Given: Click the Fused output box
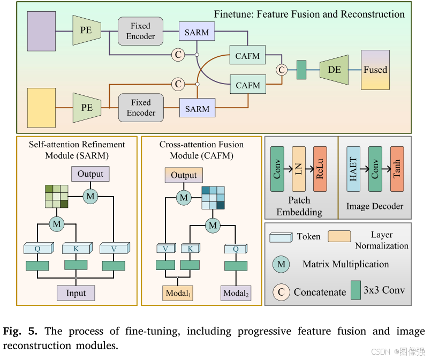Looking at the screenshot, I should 375,70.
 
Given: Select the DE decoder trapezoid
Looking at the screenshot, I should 334,70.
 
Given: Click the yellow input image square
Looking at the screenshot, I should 41,107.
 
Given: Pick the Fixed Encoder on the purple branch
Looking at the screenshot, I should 141,31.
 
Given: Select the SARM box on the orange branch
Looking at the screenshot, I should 196,109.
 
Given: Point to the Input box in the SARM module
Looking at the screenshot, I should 75,292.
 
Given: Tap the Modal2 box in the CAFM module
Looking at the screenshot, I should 236,293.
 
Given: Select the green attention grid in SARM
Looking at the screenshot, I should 56,197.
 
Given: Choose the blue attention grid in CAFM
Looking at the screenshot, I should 213,198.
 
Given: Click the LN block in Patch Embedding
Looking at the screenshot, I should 299,169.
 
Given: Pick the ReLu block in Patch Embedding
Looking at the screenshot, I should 320,169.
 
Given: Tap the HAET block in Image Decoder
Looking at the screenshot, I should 353,169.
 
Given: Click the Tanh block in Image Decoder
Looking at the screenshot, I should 397,169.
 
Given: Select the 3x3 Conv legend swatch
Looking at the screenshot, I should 356,291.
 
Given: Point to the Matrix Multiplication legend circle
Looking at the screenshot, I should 282,264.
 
